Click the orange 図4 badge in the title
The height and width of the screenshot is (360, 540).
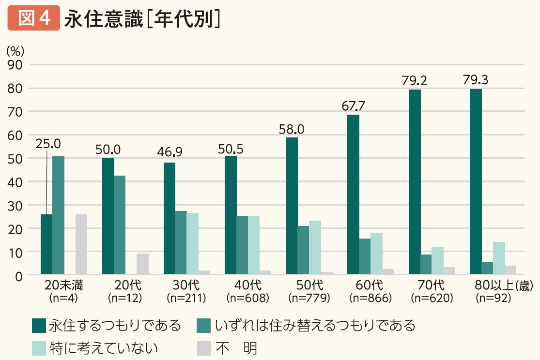tap(33, 18)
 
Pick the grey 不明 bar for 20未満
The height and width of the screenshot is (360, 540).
tap(81, 244)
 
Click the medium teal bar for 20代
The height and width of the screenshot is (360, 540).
tap(120, 225)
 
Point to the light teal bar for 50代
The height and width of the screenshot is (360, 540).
tap(315, 248)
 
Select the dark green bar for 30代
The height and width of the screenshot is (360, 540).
tap(170, 219)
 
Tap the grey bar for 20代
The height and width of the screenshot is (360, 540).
tap(142, 264)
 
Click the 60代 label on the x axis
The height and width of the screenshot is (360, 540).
tap(370, 285)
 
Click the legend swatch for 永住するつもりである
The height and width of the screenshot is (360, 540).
tap(39, 325)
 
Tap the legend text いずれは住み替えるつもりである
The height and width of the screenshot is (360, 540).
tap(315, 325)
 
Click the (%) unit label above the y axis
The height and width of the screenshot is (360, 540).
tap(15, 50)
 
